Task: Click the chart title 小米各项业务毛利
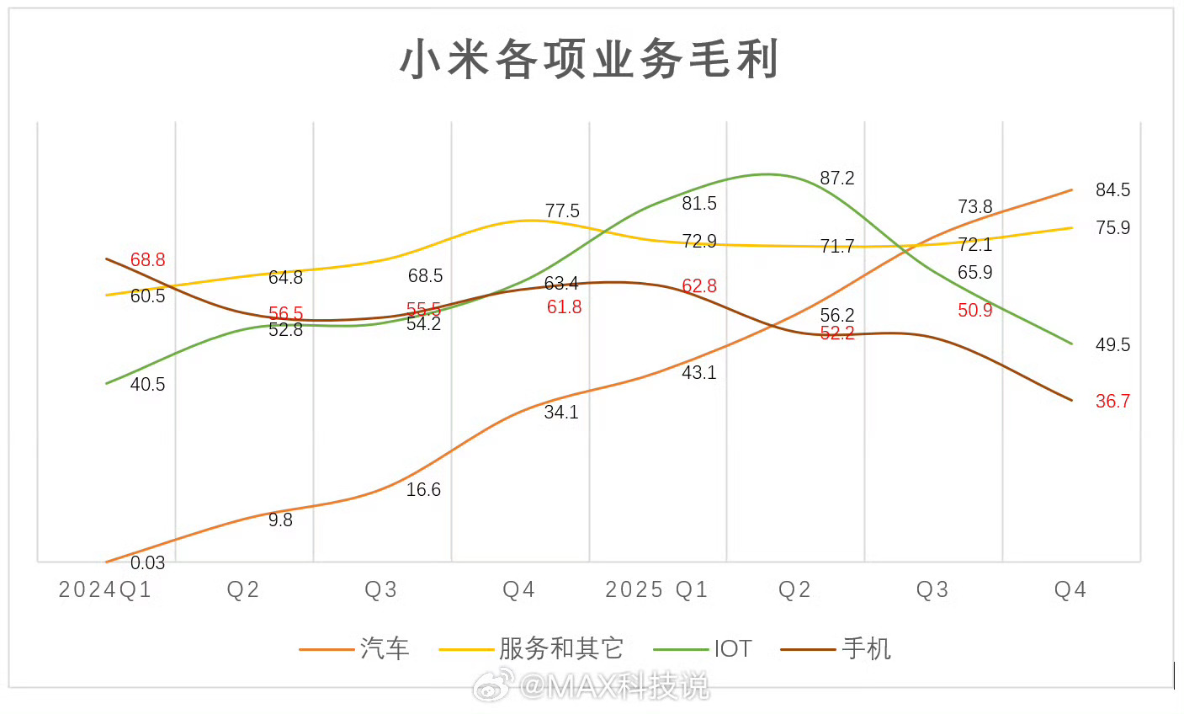pos(590,60)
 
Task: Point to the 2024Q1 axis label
pos(105,589)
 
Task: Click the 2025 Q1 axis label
pos(657,589)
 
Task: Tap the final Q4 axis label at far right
pos(1070,589)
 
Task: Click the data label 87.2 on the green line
pos(837,178)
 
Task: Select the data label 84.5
pos(1112,190)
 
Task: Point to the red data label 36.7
pos(1112,402)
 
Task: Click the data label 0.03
pos(147,562)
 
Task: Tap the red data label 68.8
pos(147,260)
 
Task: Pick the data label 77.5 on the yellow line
pos(562,211)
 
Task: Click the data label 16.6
pos(423,490)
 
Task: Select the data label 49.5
pos(1112,345)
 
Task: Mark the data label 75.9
pos(1112,228)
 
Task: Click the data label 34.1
pos(561,413)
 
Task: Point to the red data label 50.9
pos(974,311)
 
